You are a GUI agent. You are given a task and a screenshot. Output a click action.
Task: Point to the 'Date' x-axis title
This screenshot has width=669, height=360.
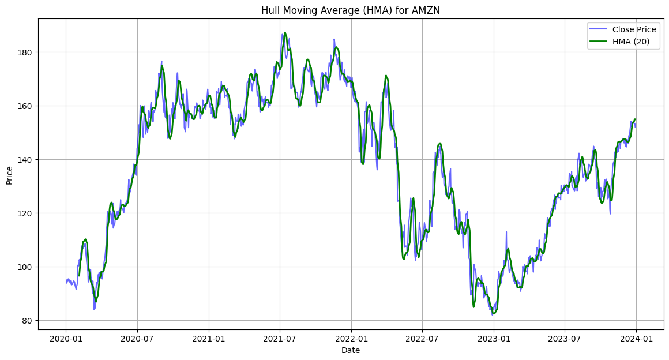pyautogui.click(x=351, y=350)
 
